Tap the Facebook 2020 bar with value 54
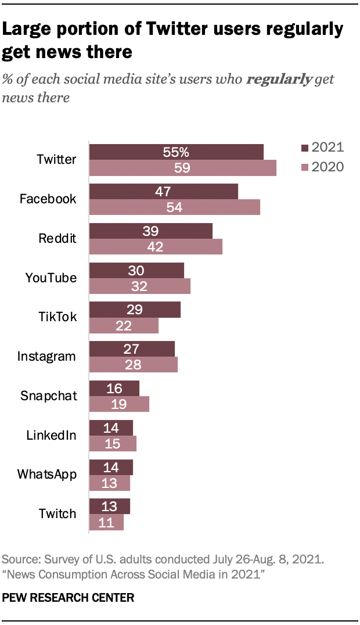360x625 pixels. coord(174,207)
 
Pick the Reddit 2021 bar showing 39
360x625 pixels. coord(150,231)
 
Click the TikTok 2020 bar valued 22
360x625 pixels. coord(123,325)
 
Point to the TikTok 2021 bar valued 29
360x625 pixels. coord(135,310)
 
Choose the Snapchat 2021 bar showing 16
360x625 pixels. coord(114,388)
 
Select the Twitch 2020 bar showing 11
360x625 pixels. coord(106,522)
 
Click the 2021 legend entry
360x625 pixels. coord(322,147)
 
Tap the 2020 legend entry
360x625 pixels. coord(322,167)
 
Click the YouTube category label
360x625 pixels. coord(51,278)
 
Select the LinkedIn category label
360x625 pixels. coord(51,435)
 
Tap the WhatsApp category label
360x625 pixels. coord(47,475)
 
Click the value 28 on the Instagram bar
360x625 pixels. coord(134,365)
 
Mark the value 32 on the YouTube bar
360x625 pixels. coord(139,286)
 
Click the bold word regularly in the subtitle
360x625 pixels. coord(279,79)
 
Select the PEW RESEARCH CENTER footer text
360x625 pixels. coord(69,597)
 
